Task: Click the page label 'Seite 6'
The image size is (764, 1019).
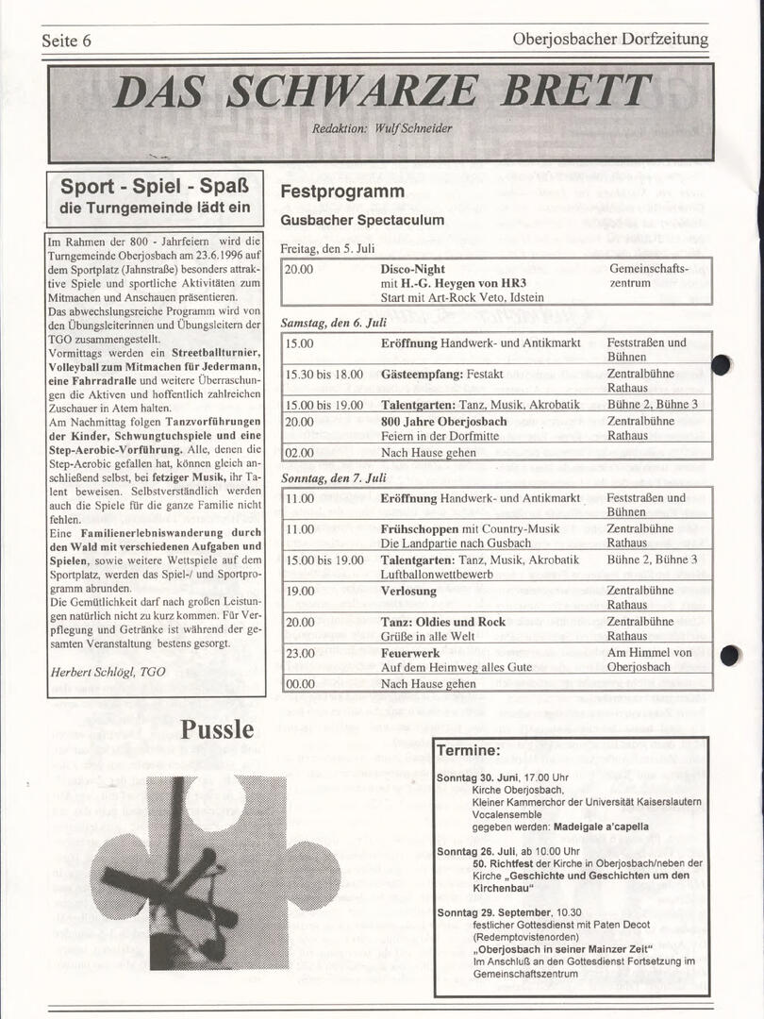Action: (x=66, y=41)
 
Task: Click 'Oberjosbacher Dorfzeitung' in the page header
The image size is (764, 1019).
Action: (x=610, y=40)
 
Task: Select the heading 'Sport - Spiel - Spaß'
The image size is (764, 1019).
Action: (x=155, y=187)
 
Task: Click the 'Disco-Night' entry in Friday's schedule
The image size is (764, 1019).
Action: (x=413, y=269)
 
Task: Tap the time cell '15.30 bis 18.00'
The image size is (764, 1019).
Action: (x=324, y=375)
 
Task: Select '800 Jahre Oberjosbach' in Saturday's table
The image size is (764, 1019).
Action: (x=443, y=421)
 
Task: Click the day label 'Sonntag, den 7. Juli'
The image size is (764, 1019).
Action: (x=334, y=478)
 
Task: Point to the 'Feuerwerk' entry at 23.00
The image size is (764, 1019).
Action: (x=410, y=653)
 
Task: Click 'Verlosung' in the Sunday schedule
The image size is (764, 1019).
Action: (x=408, y=592)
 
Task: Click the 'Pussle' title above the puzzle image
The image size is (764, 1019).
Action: (x=217, y=729)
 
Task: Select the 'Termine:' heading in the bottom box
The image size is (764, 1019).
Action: (x=468, y=751)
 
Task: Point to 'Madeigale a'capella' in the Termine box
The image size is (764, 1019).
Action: (x=607, y=826)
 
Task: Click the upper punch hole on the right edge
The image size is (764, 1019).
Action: (x=722, y=365)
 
